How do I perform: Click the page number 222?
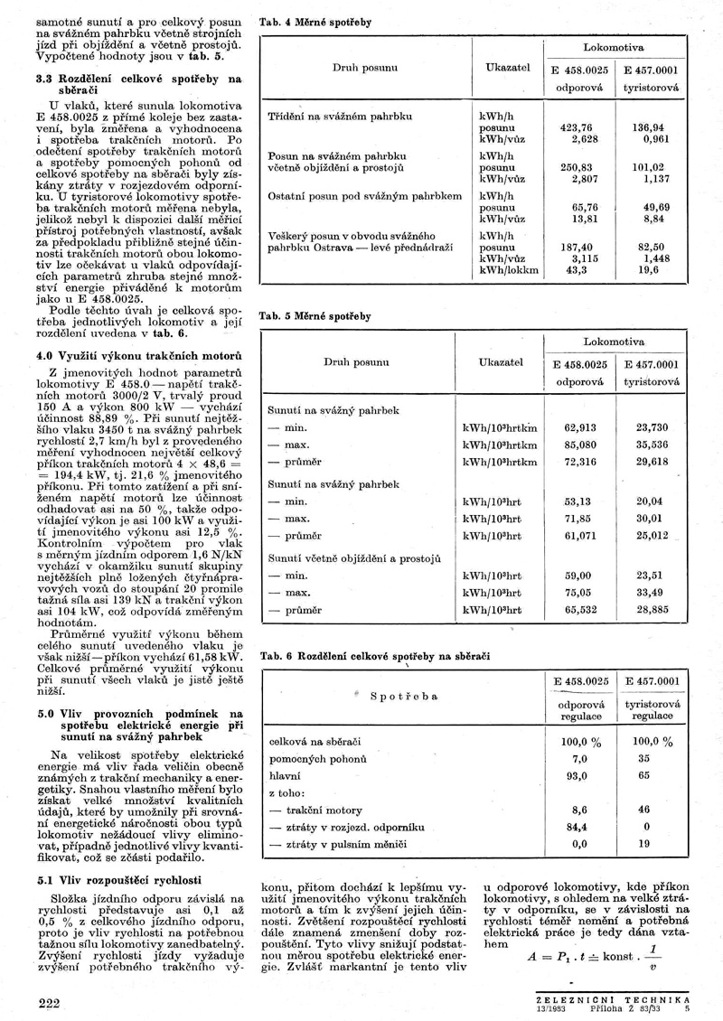(49, 1004)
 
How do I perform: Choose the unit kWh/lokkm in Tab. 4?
(508, 269)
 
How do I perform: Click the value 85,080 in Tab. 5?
(579, 445)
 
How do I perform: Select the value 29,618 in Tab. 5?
(652, 461)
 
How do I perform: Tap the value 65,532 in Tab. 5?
(579, 611)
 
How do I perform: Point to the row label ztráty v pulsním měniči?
(338, 843)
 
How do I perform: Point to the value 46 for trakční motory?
(644, 810)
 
